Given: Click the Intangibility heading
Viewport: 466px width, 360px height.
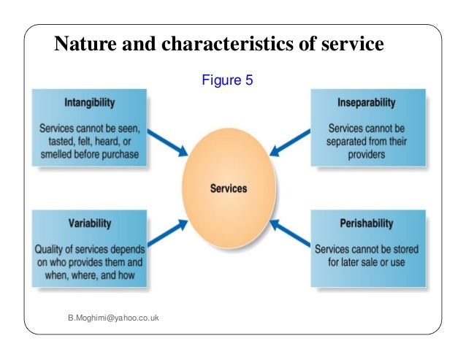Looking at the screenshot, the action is pyautogui.click(x=88, y=102).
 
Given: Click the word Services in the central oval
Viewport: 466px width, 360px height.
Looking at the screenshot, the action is pyautogui.click(x=228, y=188).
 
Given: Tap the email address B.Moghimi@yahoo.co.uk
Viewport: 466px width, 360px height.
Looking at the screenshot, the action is pyautogui.click(x=113, y=318).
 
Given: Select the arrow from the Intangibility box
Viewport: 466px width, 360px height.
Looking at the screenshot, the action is pyautogui.click(x=169, y=143).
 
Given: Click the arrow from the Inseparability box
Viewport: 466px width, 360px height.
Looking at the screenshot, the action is pyautogui.click(x=288, y=143).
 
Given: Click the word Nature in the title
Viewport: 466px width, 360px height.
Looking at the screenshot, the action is pyautogui.click(x=82, y=45).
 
